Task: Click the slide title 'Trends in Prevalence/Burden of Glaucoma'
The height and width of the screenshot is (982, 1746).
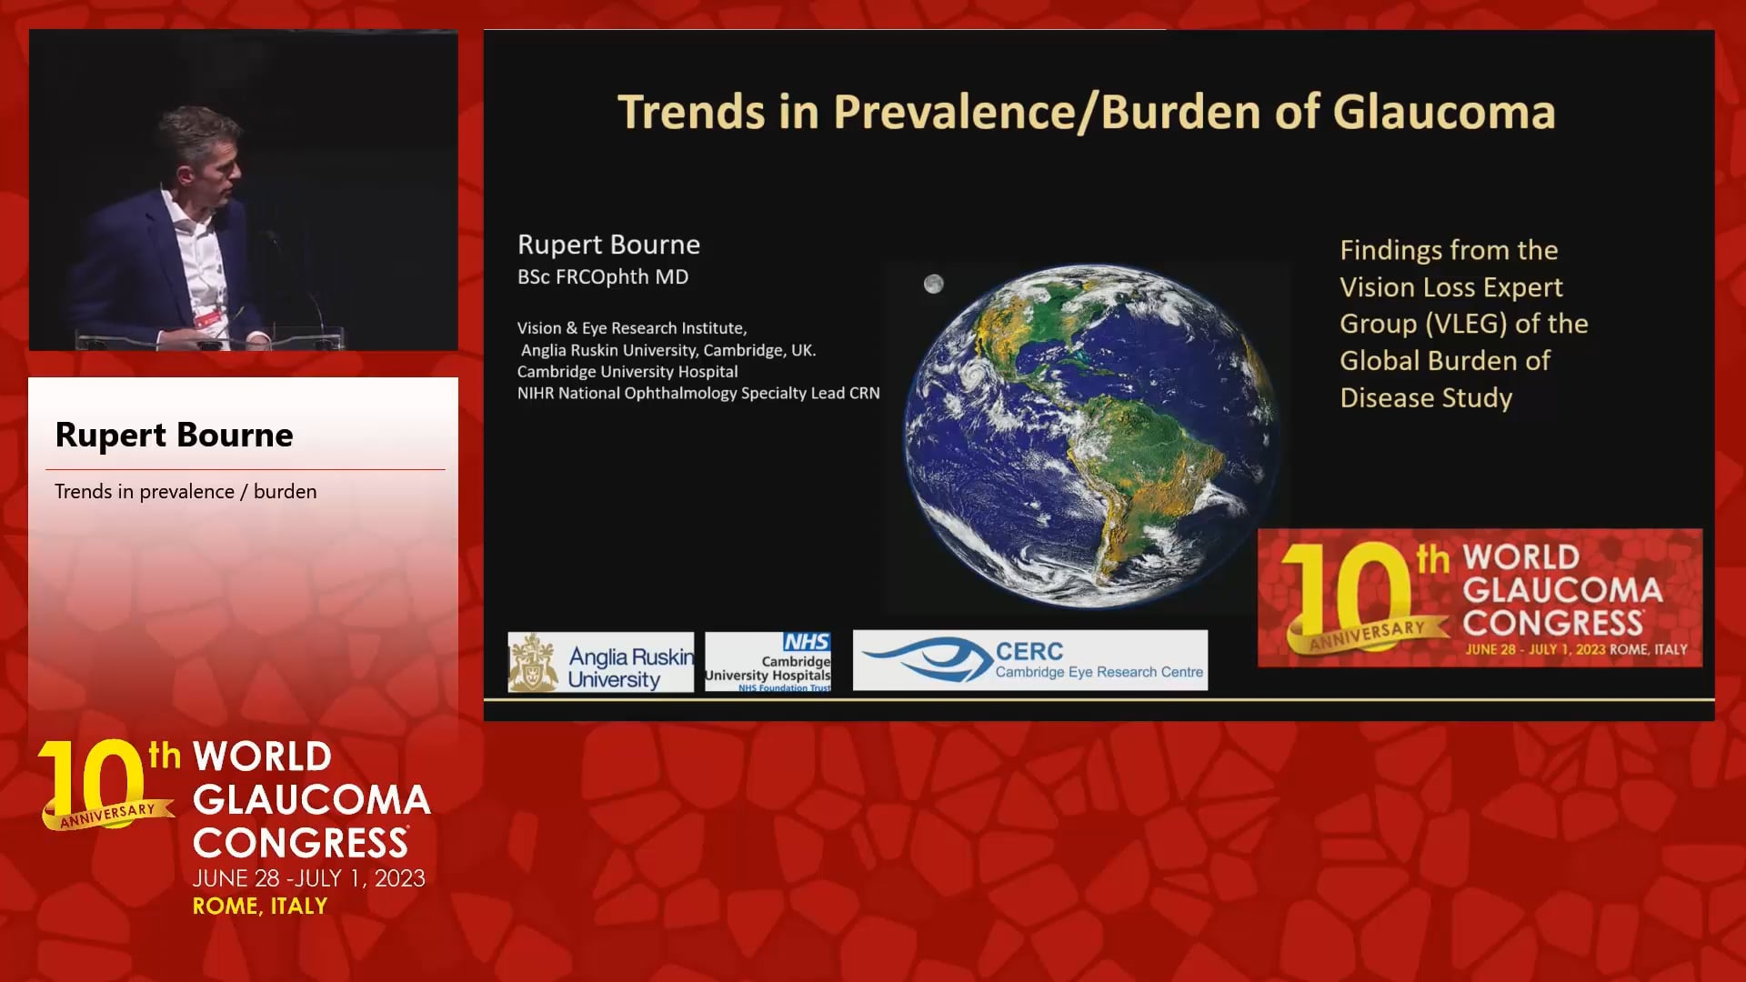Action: point(1087,113)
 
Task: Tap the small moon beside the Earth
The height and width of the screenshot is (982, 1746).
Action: point(933,284)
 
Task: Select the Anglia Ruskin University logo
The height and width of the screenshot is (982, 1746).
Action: point(600,662)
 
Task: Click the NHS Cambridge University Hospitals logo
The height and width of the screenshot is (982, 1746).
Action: point(768,662)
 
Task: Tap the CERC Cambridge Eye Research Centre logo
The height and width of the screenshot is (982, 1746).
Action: point(1030,660)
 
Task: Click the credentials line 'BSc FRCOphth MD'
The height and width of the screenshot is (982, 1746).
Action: point(603,277)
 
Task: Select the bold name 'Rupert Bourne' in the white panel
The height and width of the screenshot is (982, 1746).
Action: point(175,435)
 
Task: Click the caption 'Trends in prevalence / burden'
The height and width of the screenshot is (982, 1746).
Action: point(186,491)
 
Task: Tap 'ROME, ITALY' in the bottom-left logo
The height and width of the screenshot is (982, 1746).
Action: point(260,906)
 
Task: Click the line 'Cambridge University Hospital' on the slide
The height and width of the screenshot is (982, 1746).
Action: point(627,371)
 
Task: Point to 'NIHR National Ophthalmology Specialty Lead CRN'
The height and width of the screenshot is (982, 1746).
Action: point(698,393)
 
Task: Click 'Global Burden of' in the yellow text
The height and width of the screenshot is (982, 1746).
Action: point(1445,361)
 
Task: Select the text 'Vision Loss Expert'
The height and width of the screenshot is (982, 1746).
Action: point(1451,287)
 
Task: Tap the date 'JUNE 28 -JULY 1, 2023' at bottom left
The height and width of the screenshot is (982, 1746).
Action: point(309,878)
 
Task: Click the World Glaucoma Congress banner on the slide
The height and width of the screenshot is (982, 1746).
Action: point(1480,598)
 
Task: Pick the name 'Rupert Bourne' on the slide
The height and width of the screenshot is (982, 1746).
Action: point(608,244)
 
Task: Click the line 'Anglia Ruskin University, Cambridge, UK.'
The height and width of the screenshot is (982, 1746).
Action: point(668,350)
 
